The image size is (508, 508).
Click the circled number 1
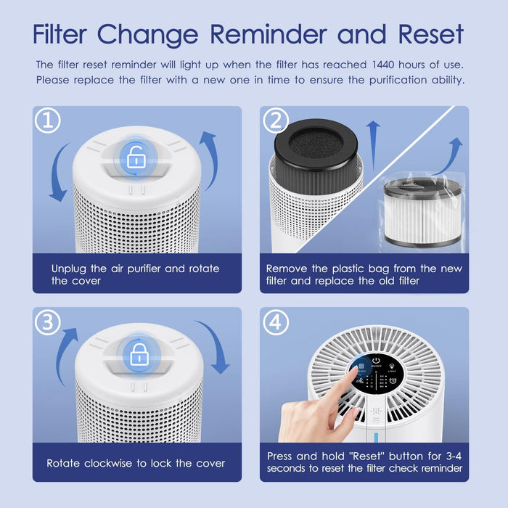(47, 121)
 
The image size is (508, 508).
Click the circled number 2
(275, 121)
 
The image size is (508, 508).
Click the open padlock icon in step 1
(136, 157)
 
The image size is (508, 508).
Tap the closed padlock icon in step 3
(136, 356)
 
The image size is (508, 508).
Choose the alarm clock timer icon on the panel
(393, 401)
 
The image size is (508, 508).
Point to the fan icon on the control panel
(358, 378)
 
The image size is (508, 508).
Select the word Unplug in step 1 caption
(70, 269)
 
